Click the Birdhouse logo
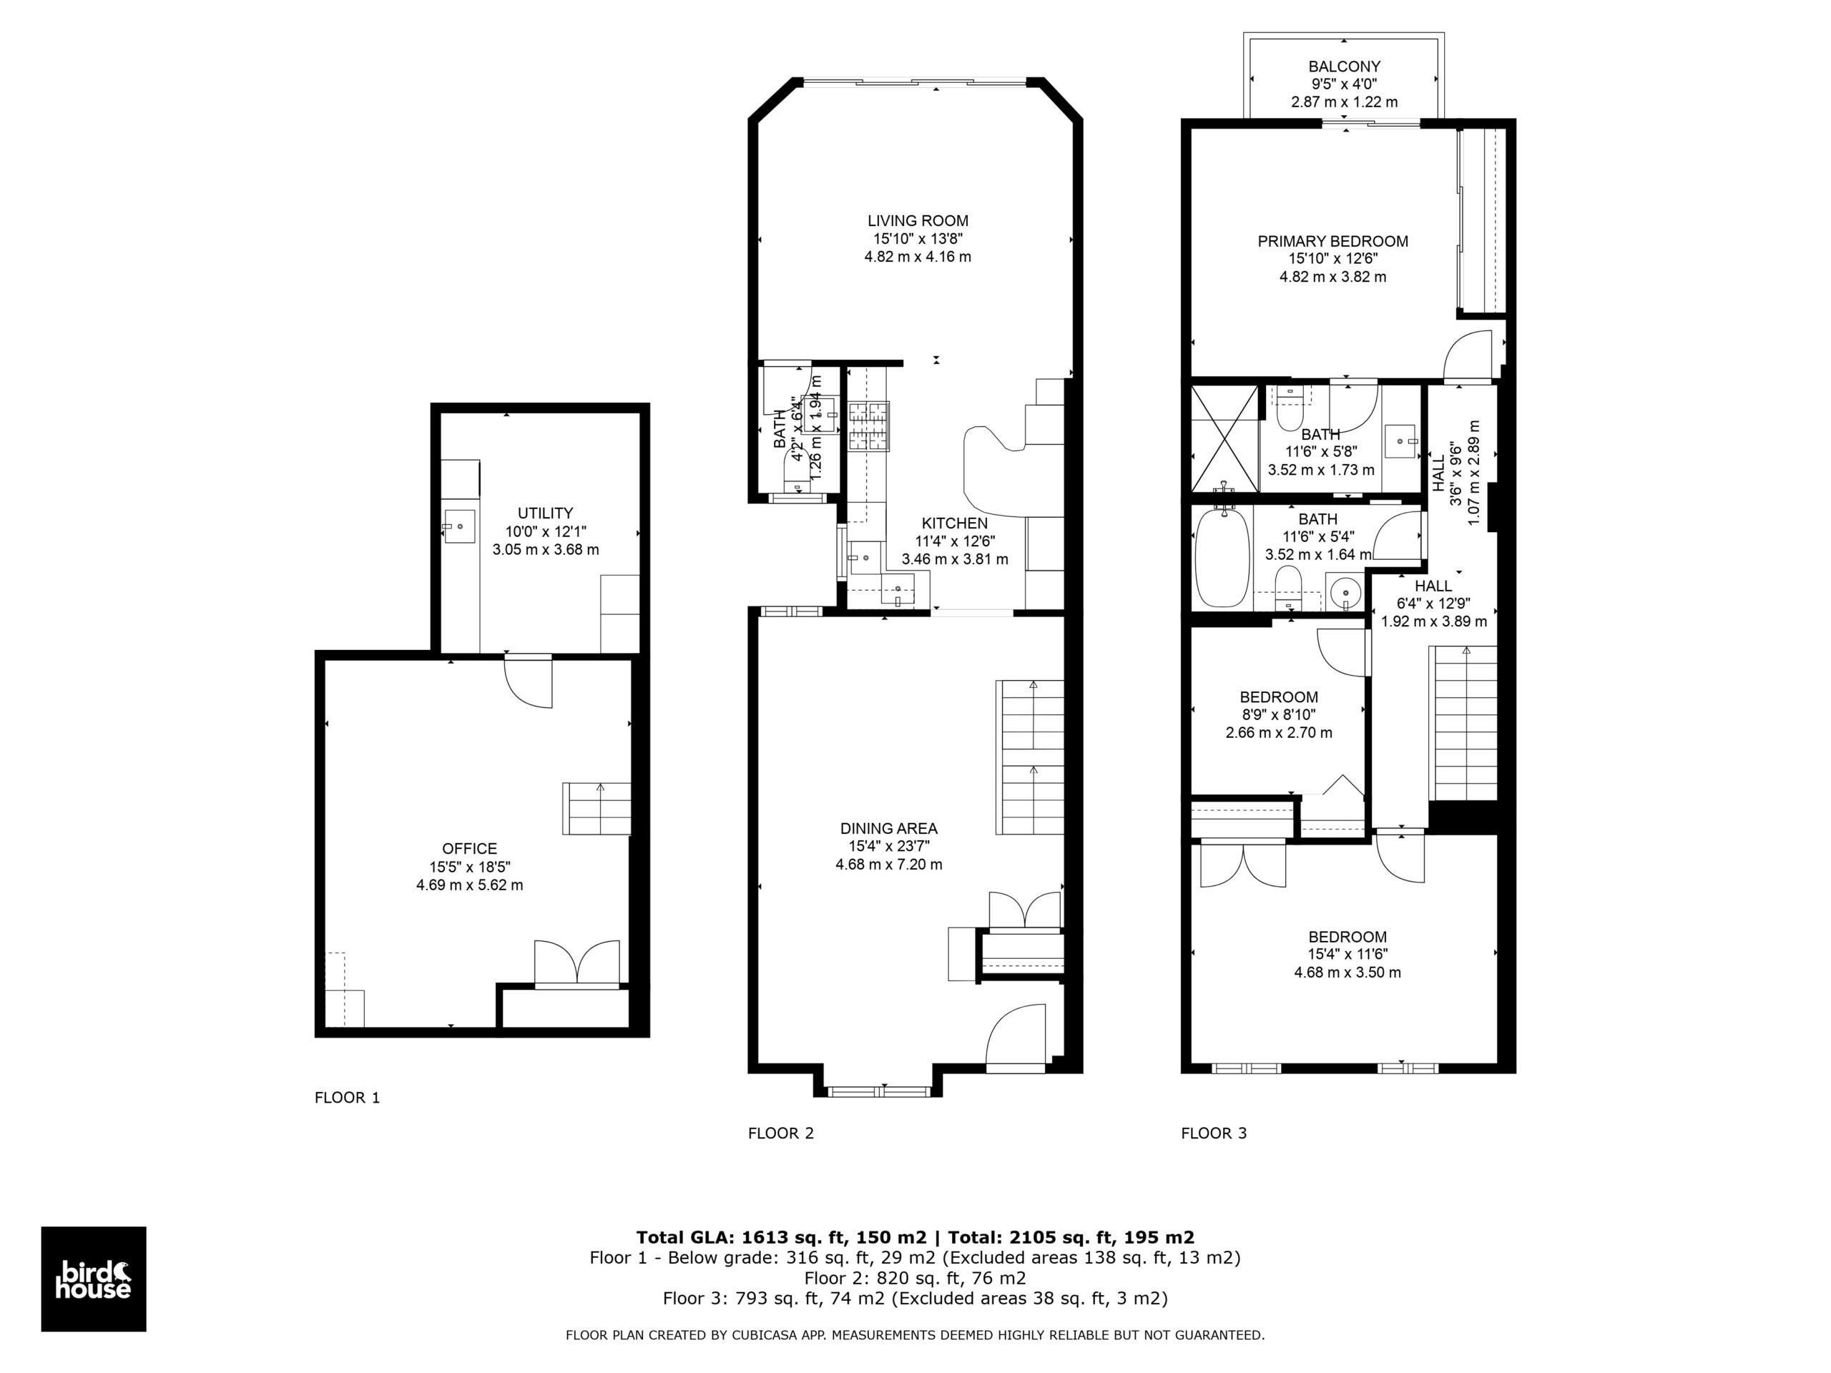pos(94,1279)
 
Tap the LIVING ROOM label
pos(918,221)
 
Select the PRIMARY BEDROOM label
pos(1332,242)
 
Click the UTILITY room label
pos(546,513)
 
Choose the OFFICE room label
pos(469,848)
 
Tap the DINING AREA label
pos(889,827)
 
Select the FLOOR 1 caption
pos(347,1098)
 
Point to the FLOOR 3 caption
pos(1214,1133)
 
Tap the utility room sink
pos(459,526)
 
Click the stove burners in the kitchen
pos(868,426)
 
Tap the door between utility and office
pos(528,680)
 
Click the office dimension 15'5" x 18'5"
pos(469,867)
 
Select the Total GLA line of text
pos(915,1237)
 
